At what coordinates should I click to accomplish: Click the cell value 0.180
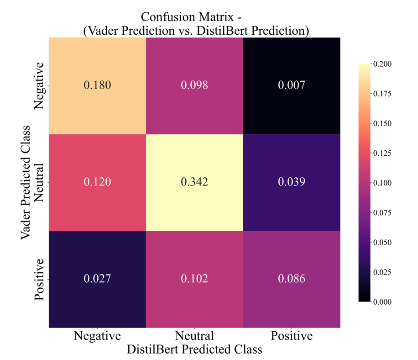coord(97,85)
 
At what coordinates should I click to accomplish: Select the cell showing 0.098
coord(194,85)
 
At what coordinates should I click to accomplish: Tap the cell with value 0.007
coord(292,85)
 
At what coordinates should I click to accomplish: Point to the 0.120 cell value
coord(97,182)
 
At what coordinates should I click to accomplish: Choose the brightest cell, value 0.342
coord(194,182)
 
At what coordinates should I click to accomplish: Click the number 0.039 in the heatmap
coord(292,182)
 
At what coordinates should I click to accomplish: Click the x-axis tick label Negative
coord(97,336)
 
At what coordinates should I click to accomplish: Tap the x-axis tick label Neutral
coord(194,336)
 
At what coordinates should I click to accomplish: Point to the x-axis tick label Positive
coord(292,336)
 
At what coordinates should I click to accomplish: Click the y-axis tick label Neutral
coord(40,182)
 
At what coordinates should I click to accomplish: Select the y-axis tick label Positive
coord(40,279)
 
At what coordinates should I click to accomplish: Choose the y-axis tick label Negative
coord(40,85)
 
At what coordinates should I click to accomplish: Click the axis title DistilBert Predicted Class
coord(194,349)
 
